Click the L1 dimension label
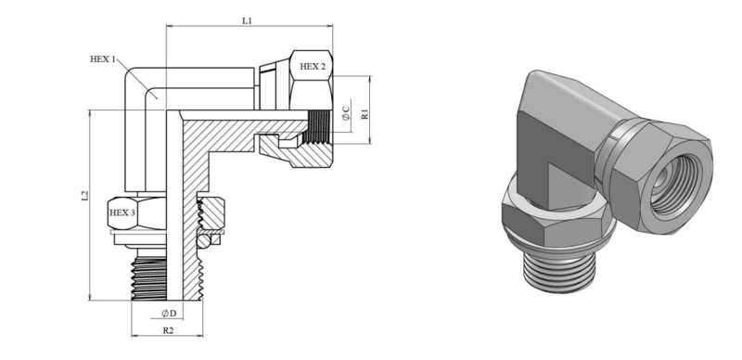tap(247, 20)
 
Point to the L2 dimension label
tap(84, 196)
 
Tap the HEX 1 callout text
tap(103, 59)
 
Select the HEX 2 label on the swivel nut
tap(313, 67)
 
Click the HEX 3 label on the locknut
tap(122, 212)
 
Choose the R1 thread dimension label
tap(365, 114)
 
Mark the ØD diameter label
tap(169, 314)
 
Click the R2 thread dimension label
tap(168, 330)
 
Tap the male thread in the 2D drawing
tap(149, 279)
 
